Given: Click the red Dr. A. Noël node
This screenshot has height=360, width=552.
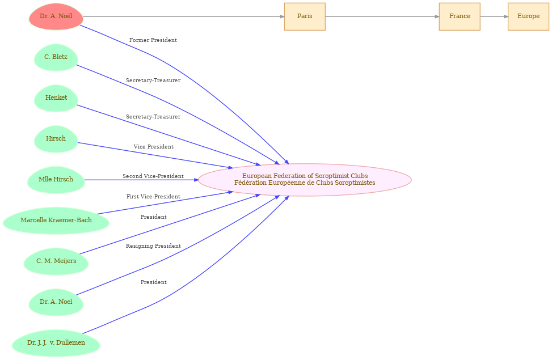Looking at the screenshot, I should pos(56,16).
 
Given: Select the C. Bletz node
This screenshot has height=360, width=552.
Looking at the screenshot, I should pos(56,57).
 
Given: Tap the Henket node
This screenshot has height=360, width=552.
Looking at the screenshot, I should pos(56,98).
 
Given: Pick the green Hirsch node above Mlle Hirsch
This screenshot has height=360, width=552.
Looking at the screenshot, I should pos(56,139).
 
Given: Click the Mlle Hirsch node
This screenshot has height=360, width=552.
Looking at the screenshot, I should pos(56,180).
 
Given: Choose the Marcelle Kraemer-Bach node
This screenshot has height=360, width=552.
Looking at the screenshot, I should pos(56,221).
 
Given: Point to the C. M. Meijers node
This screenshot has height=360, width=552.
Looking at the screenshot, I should pos(56,261).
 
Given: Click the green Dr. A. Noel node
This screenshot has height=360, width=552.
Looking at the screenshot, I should pos(56,302).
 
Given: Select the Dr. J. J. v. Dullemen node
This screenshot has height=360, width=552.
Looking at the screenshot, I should pos(56,343).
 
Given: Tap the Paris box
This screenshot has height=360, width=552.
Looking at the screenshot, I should pos(305,16).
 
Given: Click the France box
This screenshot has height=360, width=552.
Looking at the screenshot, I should pos(460,16).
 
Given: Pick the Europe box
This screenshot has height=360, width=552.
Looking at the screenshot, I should pos(528,16).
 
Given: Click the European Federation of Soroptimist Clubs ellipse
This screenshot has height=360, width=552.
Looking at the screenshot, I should pos(305,180).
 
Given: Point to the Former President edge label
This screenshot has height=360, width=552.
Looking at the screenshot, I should pos(153,40).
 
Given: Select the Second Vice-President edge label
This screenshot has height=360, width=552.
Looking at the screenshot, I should pos(153,176).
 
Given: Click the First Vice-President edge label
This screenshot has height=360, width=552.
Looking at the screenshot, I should pos(153,197).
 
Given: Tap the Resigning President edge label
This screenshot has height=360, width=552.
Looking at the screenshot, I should pos(153,246).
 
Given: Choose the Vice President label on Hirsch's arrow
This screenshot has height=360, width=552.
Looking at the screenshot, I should pos(153,147).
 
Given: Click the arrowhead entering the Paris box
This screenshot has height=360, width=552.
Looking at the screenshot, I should pos(281,16).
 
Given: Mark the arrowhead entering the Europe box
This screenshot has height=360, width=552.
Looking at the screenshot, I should pos(505,16).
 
